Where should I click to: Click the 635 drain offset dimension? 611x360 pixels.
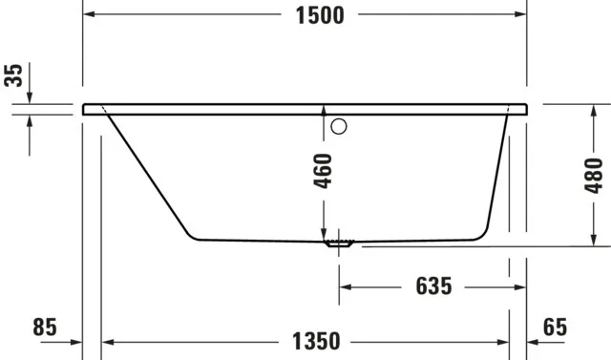coord(432,286)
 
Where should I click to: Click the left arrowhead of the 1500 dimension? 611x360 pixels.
coord(90,15)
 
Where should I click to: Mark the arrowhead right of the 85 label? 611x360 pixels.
coord(76,341)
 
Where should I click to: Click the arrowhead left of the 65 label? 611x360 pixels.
coord(534,341)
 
